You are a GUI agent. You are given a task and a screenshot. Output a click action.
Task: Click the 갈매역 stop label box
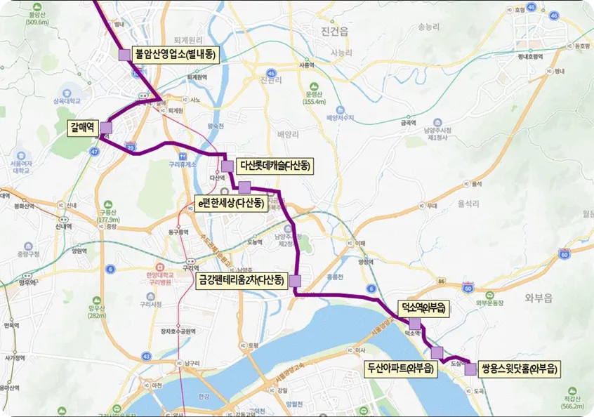tap(82, 127)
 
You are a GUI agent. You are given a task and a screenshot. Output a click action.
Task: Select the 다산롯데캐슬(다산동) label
tap(275, 166)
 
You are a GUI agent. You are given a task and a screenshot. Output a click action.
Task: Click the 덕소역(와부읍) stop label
tap(421, 307)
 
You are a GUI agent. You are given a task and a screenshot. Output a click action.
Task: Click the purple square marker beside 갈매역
tap(106, 127)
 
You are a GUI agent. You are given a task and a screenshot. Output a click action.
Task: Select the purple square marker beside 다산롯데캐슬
tap(227, 166)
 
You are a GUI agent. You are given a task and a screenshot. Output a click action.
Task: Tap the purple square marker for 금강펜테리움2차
tap(295, 282)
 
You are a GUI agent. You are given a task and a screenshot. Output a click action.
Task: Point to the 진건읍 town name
tap(334, 32)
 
